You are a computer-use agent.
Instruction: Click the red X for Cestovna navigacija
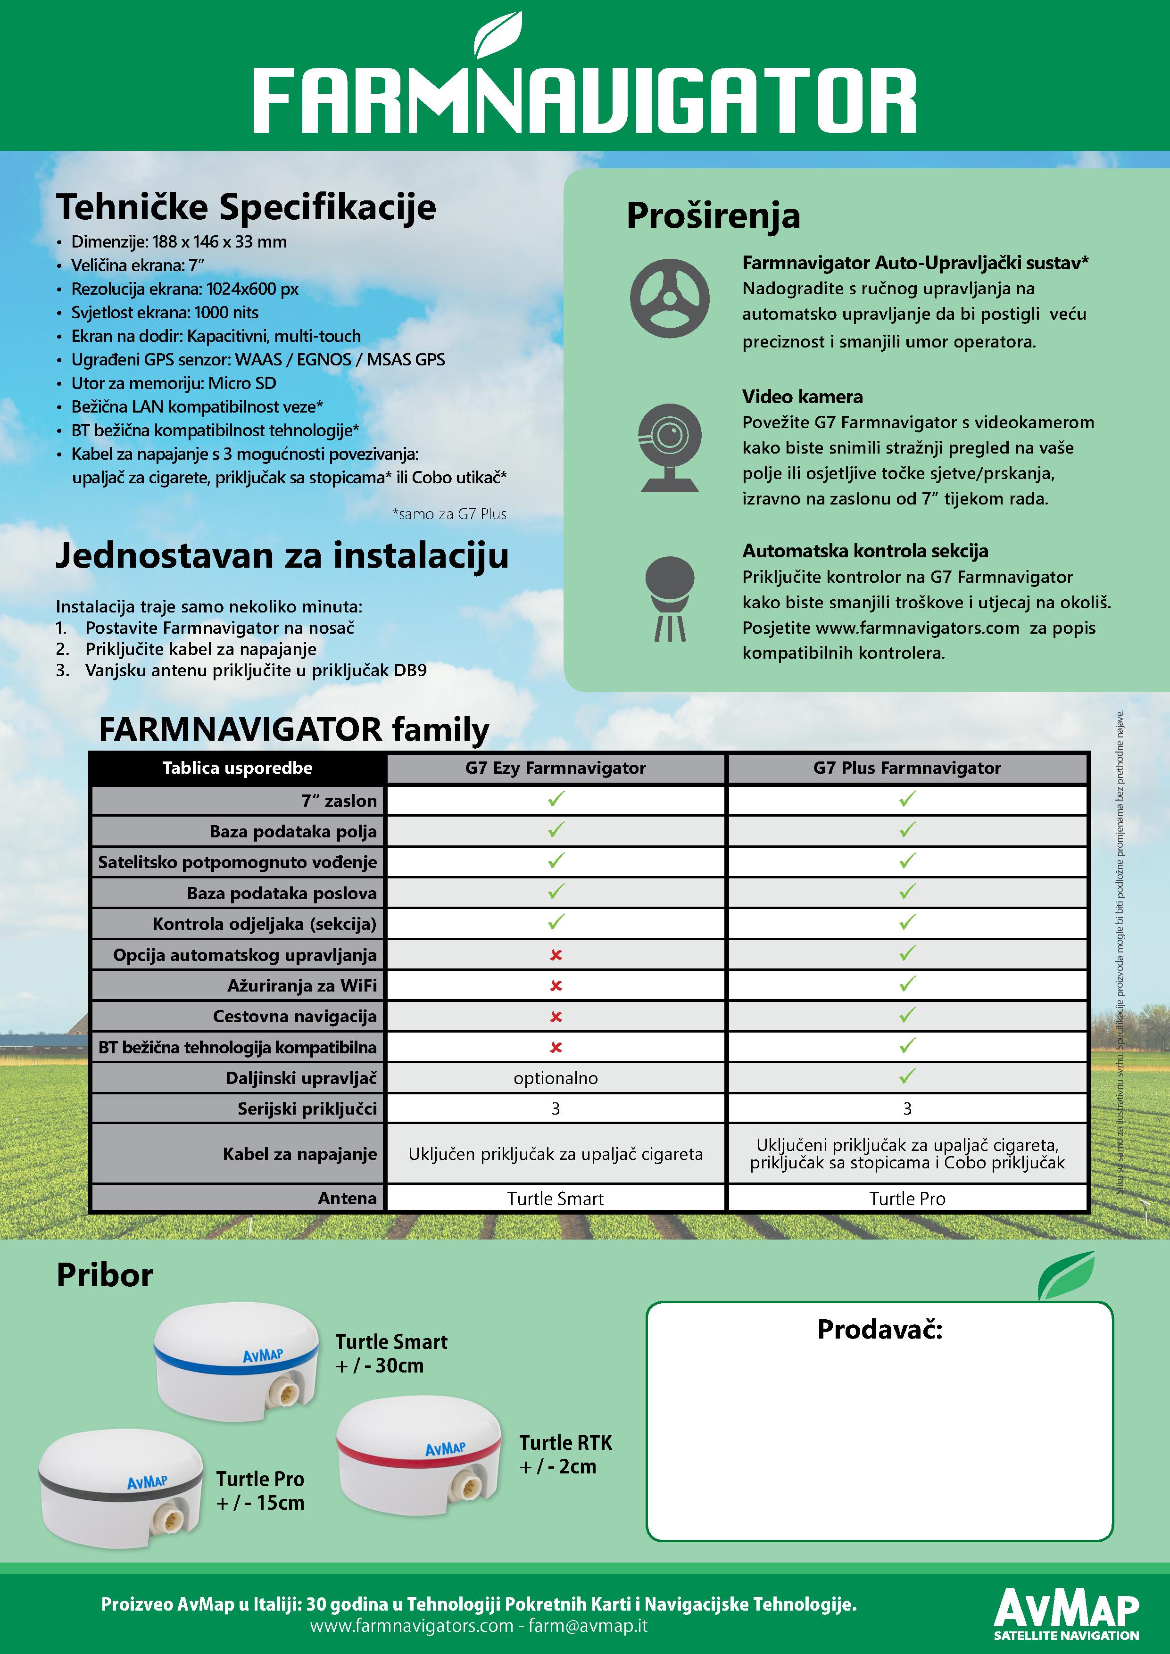pyautogui.click(x=556, y=1017)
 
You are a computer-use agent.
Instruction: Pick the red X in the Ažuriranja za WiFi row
pyautogui.click(x=556, y=985)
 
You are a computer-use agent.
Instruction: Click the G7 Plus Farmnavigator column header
pyautogui.click(x=907, y=768)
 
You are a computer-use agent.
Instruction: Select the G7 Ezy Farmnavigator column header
pyautogui.click(x=556, y=768)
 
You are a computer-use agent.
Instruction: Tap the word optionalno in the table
pyautogui.click(x=556, y=1078)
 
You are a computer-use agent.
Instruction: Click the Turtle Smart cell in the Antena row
pyautogui.click(x=556, y=1199)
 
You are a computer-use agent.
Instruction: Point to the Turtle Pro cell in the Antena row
pyautogui.click(x=907, y=1199)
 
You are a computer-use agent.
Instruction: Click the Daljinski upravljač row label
pyautogui.click(x=301, y=1078)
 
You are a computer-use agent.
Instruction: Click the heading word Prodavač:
pyautogui.click(x=880, y=1329)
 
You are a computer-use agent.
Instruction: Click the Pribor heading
pyautogui.click(x=105, y=1275)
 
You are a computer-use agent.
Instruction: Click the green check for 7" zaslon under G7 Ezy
pyautogui.click(x=556, y=799)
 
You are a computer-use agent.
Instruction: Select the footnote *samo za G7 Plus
pyautogui.click(x=449, y=513)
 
